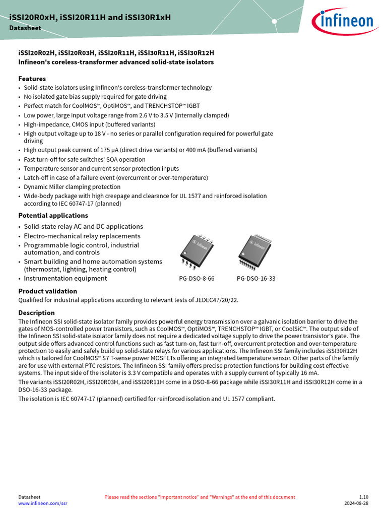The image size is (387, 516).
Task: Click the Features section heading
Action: (x=32, y=79)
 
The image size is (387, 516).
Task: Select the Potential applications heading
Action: (x=53, y=215)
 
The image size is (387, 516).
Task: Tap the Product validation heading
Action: (x=47, y=291)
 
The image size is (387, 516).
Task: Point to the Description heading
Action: (x=36, y=313)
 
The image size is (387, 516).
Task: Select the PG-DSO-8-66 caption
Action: (x=197, y=279)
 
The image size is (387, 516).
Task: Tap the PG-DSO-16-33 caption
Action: (x=256, y=279)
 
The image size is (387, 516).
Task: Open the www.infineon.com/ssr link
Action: (x=42, y=503)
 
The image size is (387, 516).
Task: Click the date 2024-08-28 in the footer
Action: (x=356, y=503)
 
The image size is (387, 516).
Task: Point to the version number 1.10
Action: (x=363, y=497)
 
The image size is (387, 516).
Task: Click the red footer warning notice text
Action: (x=200, y=497)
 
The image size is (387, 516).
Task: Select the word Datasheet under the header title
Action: (x=25, y=28)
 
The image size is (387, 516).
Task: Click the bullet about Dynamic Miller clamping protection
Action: (x=72, y=187)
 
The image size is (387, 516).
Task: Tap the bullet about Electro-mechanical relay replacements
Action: (x=82, y=236)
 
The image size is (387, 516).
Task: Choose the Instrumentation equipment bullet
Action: (x=66, y=278)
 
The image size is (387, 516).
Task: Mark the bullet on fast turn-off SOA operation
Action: (x=85, y=160)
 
